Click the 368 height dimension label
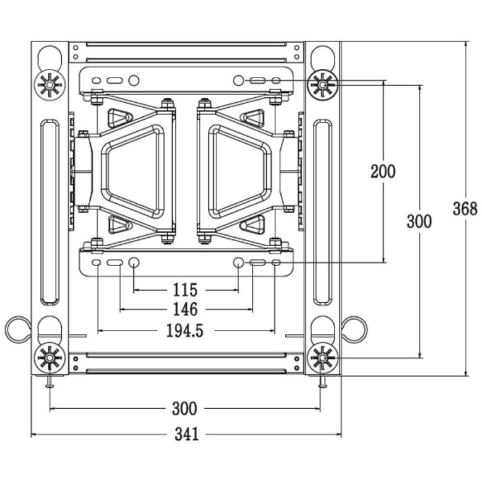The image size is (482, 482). pyautogui.click(x=459, y=209)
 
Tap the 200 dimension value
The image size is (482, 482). pyautogui.click(x=383, y=170)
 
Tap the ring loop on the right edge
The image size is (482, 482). pyautogui.click(x=354, y=328)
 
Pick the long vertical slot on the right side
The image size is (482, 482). pyautogui.click(x=322, y=213)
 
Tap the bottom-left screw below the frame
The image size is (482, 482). pyautogui.click(x=50, y=383)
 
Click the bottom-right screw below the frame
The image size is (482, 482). pyautogui.click(x=322, y=383)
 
